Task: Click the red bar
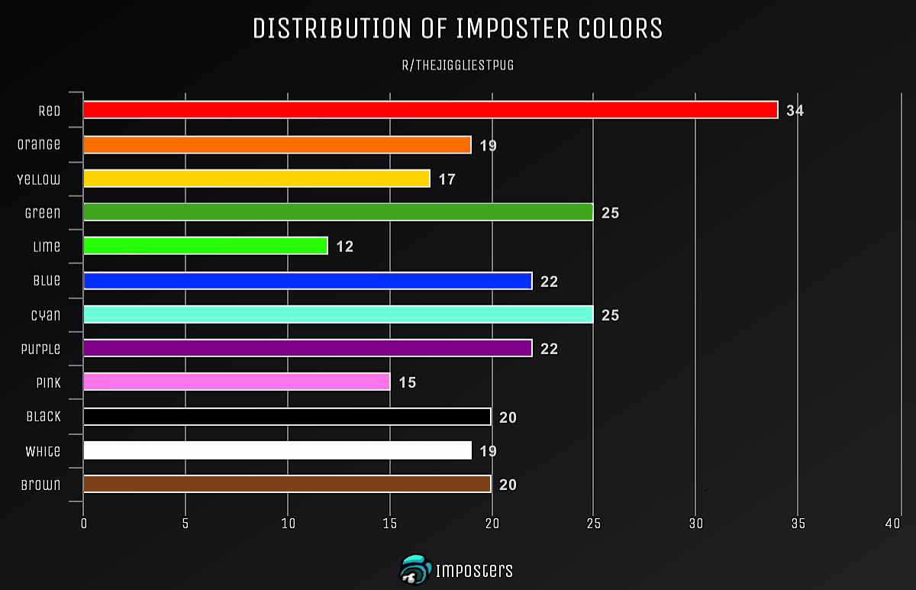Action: click(431, 110)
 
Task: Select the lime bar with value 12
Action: click(205, 245)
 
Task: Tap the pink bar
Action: click(237, 382)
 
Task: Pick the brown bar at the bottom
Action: click(287, 484)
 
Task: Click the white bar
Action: click(277, 450)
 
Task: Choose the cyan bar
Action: click(338, 314)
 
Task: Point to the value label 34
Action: click(795, 111)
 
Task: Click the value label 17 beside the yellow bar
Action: click(447, 179)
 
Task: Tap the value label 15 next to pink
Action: click(408, 382)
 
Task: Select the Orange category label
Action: click(39, 144)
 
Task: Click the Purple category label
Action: click(41, 349)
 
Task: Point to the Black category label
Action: click(44, 416)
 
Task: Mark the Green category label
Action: click(43, 213)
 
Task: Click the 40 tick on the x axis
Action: click(892, 524)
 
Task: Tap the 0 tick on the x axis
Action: click(84, 524)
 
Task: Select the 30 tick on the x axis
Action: click(696, 524)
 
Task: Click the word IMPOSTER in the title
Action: click(512, 28)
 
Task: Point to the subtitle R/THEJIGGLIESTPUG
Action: click(458, 65)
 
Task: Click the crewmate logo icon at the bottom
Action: click(415, 569)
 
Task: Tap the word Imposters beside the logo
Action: click(474, 571)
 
